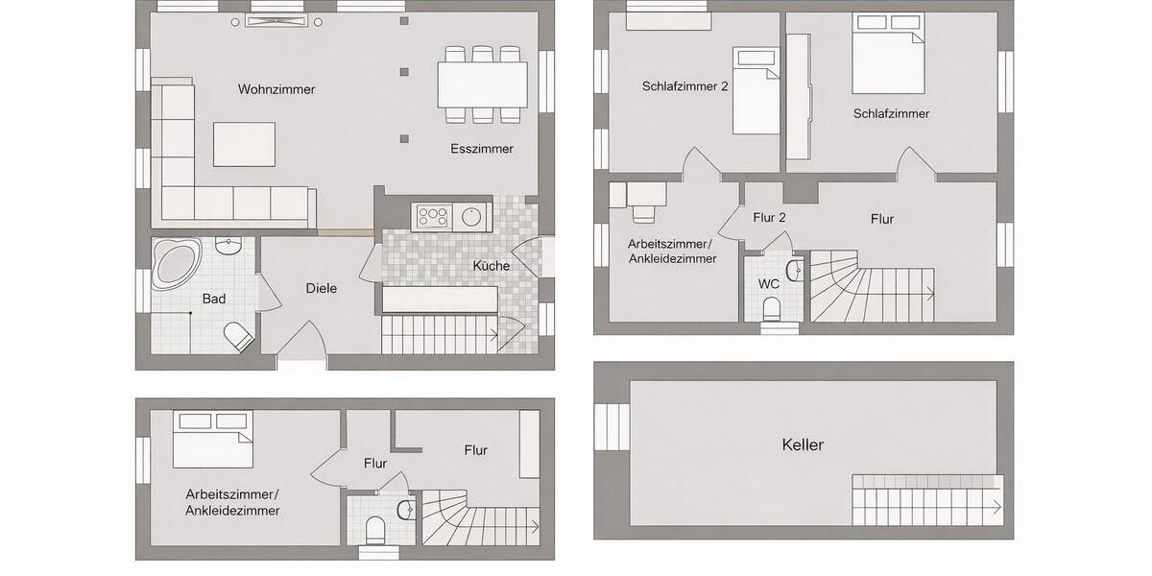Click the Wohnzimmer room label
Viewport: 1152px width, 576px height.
(x=276, y=89)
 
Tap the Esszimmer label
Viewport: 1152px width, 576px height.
(x=481, y=149)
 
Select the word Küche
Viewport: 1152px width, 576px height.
(x=490, y=266)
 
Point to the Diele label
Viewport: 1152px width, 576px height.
(x=321, y=288)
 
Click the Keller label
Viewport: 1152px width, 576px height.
(x=803, y=444)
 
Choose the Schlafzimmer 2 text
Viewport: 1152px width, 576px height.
(x=685, y=85)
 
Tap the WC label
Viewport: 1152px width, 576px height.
(x=769, y=284)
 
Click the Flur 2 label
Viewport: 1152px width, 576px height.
(x=769, y=218)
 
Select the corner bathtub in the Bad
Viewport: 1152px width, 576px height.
(x=176, y=261)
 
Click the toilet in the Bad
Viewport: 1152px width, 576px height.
(x=238, y=336)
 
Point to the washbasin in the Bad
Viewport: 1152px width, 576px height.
(x=228, y=250)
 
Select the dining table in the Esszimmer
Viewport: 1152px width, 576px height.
(x=482, y=84)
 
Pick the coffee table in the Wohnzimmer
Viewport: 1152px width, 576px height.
(x=244, y=144)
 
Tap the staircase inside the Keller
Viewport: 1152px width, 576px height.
(x=927, y=499)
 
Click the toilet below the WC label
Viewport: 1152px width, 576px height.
(x=770, y=309)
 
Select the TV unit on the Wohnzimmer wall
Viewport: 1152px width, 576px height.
(x=276, y=21)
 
